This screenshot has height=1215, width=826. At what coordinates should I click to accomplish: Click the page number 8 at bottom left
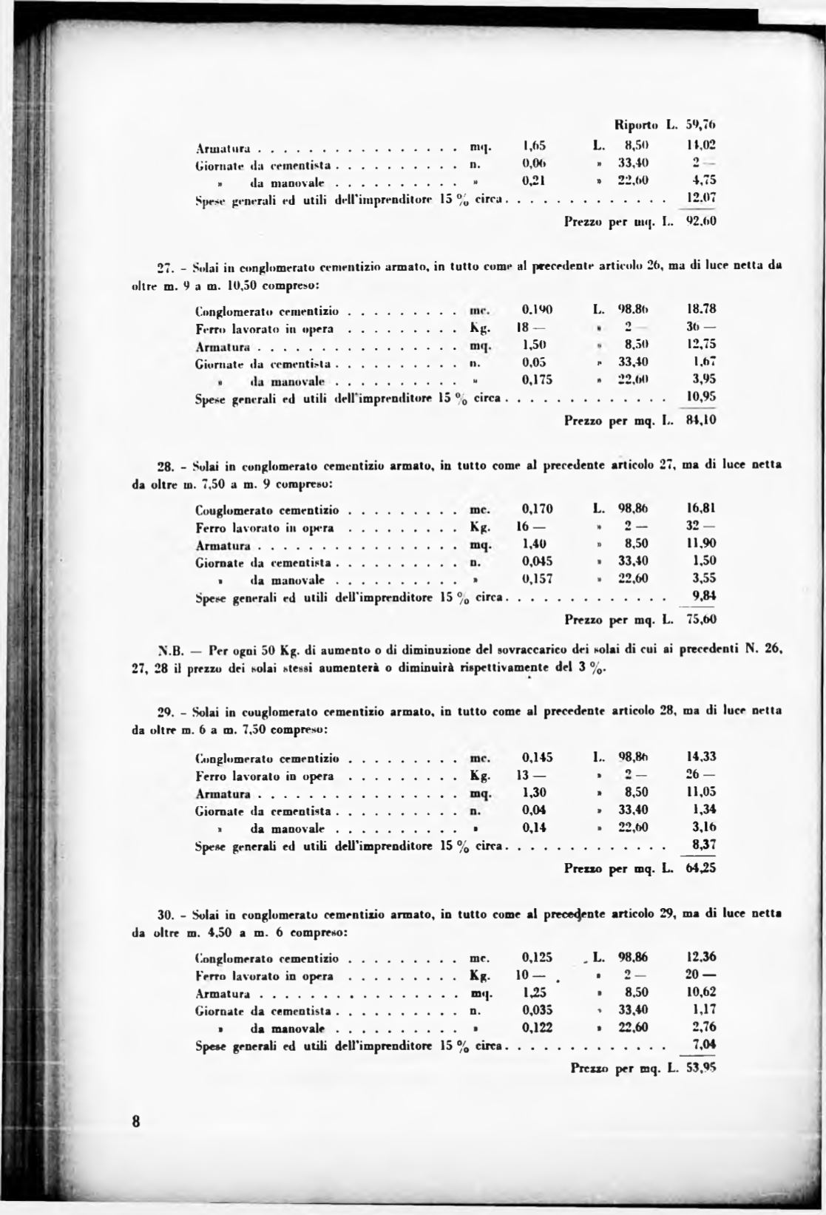[x=135, y=1120]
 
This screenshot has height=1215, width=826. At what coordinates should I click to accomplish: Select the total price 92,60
[x=702, y=220]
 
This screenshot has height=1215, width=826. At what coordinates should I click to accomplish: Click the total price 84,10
[x=702, y=421]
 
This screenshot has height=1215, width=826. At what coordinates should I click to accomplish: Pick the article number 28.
[x=166, y=466]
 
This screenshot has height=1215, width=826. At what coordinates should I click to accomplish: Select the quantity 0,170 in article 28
[x=537, y=509]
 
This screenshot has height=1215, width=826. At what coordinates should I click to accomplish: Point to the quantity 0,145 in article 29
[x=537, y=757]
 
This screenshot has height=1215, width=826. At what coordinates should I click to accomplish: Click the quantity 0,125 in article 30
[x=537, y=958]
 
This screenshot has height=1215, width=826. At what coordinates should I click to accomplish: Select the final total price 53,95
[x=701, y=1068]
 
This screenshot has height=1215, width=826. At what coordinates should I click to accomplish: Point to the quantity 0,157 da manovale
[x=537, y=578]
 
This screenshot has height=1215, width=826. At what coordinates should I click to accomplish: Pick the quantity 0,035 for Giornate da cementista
[x=537, y=1009]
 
